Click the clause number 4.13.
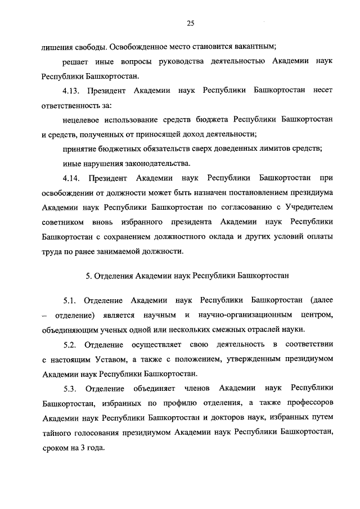pos(73,90)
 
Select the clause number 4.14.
pos(73,178)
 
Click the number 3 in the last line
pos(83,448)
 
